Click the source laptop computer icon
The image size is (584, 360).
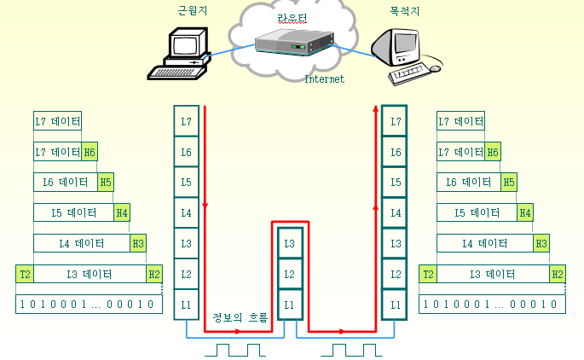point(183,54)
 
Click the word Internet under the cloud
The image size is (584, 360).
point(325,79)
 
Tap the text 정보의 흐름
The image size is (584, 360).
point(240,318)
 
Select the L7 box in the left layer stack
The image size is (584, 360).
point(186,121)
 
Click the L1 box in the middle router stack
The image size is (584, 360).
point(291,305)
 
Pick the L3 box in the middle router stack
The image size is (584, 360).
point(291,244)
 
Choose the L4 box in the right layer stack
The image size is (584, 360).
point(395,213)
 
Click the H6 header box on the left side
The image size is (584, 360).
point(90,152)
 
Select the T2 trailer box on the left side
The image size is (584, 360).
point(25,274)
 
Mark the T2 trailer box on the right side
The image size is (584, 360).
point(428,274)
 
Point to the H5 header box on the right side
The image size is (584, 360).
point(509,182)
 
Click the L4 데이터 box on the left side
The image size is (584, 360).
point(81,243)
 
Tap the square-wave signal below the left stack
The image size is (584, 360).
point(240,349)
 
